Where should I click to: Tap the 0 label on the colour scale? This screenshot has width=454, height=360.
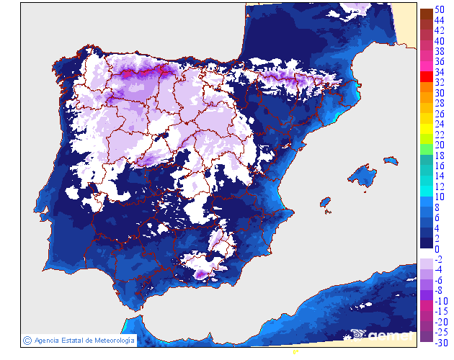(437, 249)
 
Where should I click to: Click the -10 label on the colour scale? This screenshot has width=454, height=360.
(440, 301)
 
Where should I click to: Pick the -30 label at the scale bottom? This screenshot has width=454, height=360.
(440, 342)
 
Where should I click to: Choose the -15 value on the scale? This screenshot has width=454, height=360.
(440, 311)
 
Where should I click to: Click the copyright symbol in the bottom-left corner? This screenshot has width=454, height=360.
(27, 340)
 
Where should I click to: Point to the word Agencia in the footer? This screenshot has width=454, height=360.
(48, 340)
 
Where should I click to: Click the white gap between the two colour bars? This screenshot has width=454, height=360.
(426, 251)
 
